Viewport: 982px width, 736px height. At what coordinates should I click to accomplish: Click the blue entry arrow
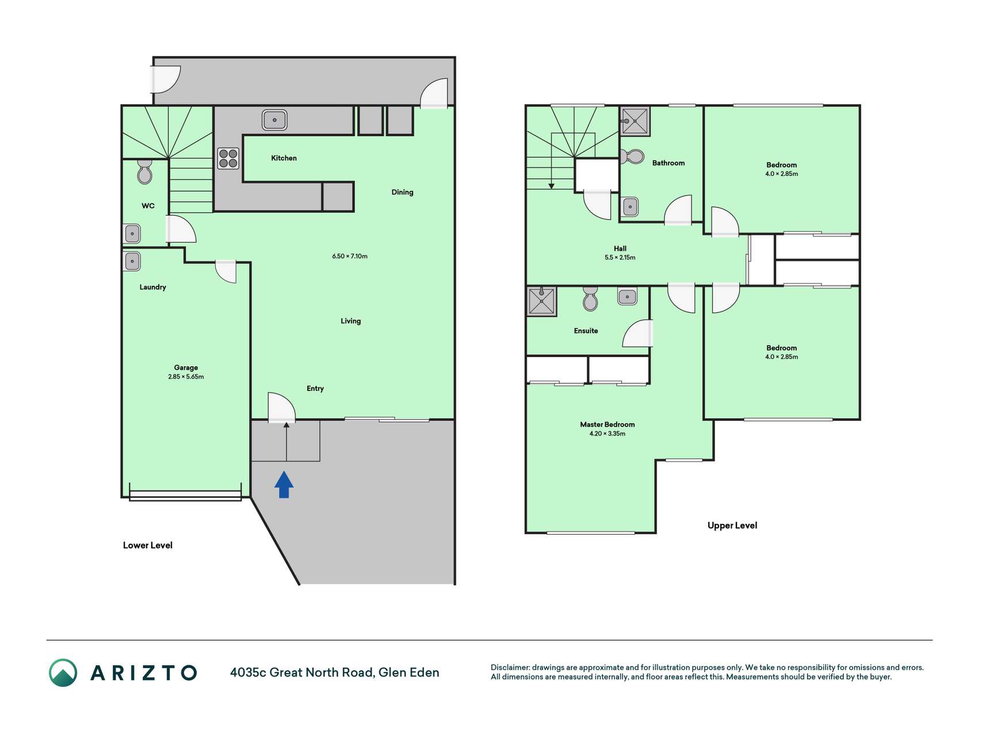click(284, 484)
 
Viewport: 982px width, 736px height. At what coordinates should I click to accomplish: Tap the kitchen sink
click(274, 120)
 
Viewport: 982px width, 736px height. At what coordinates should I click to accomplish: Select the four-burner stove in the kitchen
click(228, 158)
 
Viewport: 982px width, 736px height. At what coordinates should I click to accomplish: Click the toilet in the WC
click(144, 171)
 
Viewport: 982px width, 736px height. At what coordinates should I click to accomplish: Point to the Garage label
click(186, 367)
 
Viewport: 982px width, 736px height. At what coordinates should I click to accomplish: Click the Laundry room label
click(152, 287)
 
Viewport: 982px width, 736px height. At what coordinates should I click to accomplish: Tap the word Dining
click(402, 192)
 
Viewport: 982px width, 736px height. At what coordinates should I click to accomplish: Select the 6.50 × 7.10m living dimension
click(350, 256)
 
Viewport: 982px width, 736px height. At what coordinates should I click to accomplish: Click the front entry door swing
click(282, 407)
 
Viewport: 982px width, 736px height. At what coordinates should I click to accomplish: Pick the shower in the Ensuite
click(541, 301)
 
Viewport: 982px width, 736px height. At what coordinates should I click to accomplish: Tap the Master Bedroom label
click(607, 424)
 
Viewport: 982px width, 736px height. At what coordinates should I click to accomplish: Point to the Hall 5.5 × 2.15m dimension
click(620, 258)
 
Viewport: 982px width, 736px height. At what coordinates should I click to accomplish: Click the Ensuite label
click(586, 331)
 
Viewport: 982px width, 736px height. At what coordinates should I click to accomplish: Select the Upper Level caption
click(732, 526)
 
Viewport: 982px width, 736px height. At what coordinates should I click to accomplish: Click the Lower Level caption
click(148, 545)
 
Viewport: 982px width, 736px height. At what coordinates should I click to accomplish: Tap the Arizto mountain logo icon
click(63, 673)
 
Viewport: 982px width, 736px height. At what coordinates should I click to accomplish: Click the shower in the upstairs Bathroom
click(635, 121)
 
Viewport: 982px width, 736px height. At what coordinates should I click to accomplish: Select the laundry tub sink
click(132, 261)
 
